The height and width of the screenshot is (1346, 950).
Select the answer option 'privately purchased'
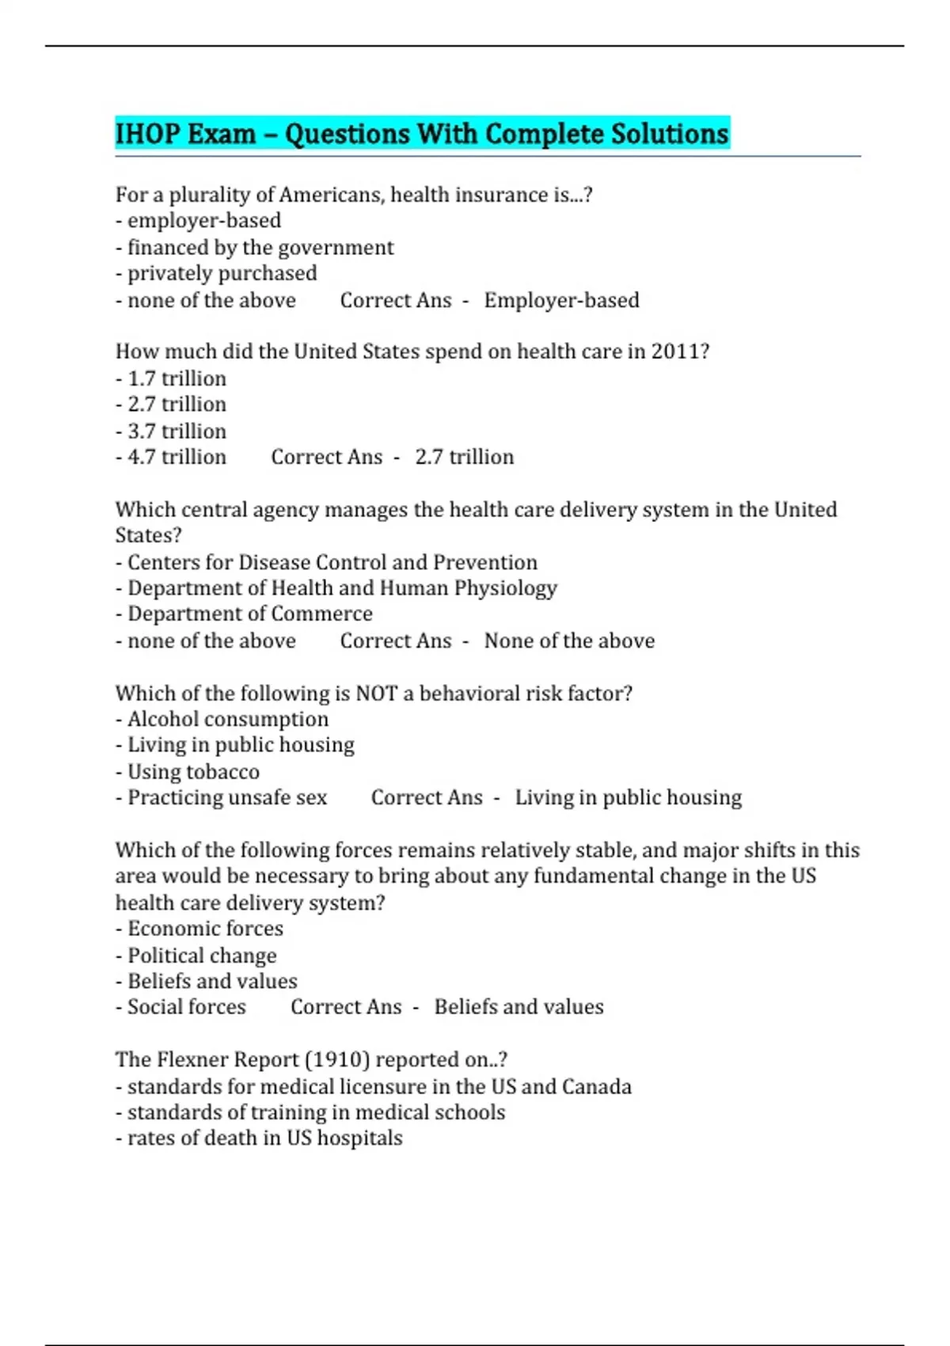(x=222, y=273)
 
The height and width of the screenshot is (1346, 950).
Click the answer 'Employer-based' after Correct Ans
(x=561, y=300)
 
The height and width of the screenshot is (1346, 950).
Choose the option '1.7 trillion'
(x=177, y=378)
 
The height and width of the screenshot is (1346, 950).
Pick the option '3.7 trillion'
(x=177, y=431)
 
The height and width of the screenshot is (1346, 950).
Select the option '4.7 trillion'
(x=177, y=457)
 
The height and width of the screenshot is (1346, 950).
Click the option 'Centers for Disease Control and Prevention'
(x=332, y=562)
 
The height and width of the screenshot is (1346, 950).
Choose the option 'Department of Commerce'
(x=249, y=614)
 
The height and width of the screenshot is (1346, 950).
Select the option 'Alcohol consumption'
(x=227, y=719)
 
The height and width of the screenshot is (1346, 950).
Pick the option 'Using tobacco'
(x=193, y=771)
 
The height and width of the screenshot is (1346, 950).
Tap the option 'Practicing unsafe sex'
(x=227, y=797)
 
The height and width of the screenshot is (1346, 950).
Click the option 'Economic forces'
(x=205, y=928)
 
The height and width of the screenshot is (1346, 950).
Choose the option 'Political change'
(x=202, y=955)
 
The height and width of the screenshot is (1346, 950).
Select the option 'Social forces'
(x=186, y=1006)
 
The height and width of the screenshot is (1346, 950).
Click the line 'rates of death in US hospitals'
(x=264, y=1138)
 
